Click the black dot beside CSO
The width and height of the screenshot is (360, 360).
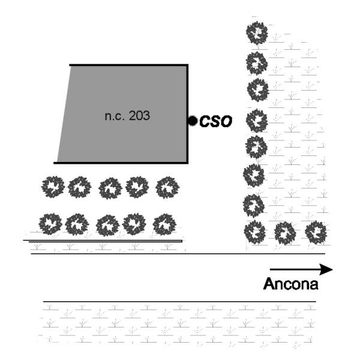tap(193, 121)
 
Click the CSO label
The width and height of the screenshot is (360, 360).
tap(215, 121)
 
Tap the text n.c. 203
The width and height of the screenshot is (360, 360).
tap(127, 115)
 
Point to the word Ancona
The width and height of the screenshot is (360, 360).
tap(290, 284)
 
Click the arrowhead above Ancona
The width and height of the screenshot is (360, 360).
tap(326, 269)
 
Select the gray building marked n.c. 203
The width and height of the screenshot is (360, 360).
tap(123, 114)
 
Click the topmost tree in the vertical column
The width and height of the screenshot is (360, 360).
tap(257, 33)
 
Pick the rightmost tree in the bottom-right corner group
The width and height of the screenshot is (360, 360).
tap(316, 232)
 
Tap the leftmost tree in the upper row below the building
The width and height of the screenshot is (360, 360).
tap(53, 187)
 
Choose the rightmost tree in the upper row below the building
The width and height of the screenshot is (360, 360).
tap(167, 187)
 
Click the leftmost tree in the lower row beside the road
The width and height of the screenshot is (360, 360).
tap(50, 224)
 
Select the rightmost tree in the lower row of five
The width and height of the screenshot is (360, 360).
tap(164, 224)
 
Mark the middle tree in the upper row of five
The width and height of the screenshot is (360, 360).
tap(110, 188)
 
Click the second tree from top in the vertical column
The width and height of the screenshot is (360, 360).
tap(257, 63)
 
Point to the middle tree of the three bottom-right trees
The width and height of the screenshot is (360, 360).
tap(285, 233)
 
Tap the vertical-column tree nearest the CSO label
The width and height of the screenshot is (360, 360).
tap(257, 121)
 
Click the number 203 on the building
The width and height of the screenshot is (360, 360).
tap(139, 115)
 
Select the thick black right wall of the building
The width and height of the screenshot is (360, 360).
tap(187, 114)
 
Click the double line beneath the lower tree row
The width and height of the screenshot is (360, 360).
tap(103, 241)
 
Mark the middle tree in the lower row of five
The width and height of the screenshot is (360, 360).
tap(107, 226)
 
